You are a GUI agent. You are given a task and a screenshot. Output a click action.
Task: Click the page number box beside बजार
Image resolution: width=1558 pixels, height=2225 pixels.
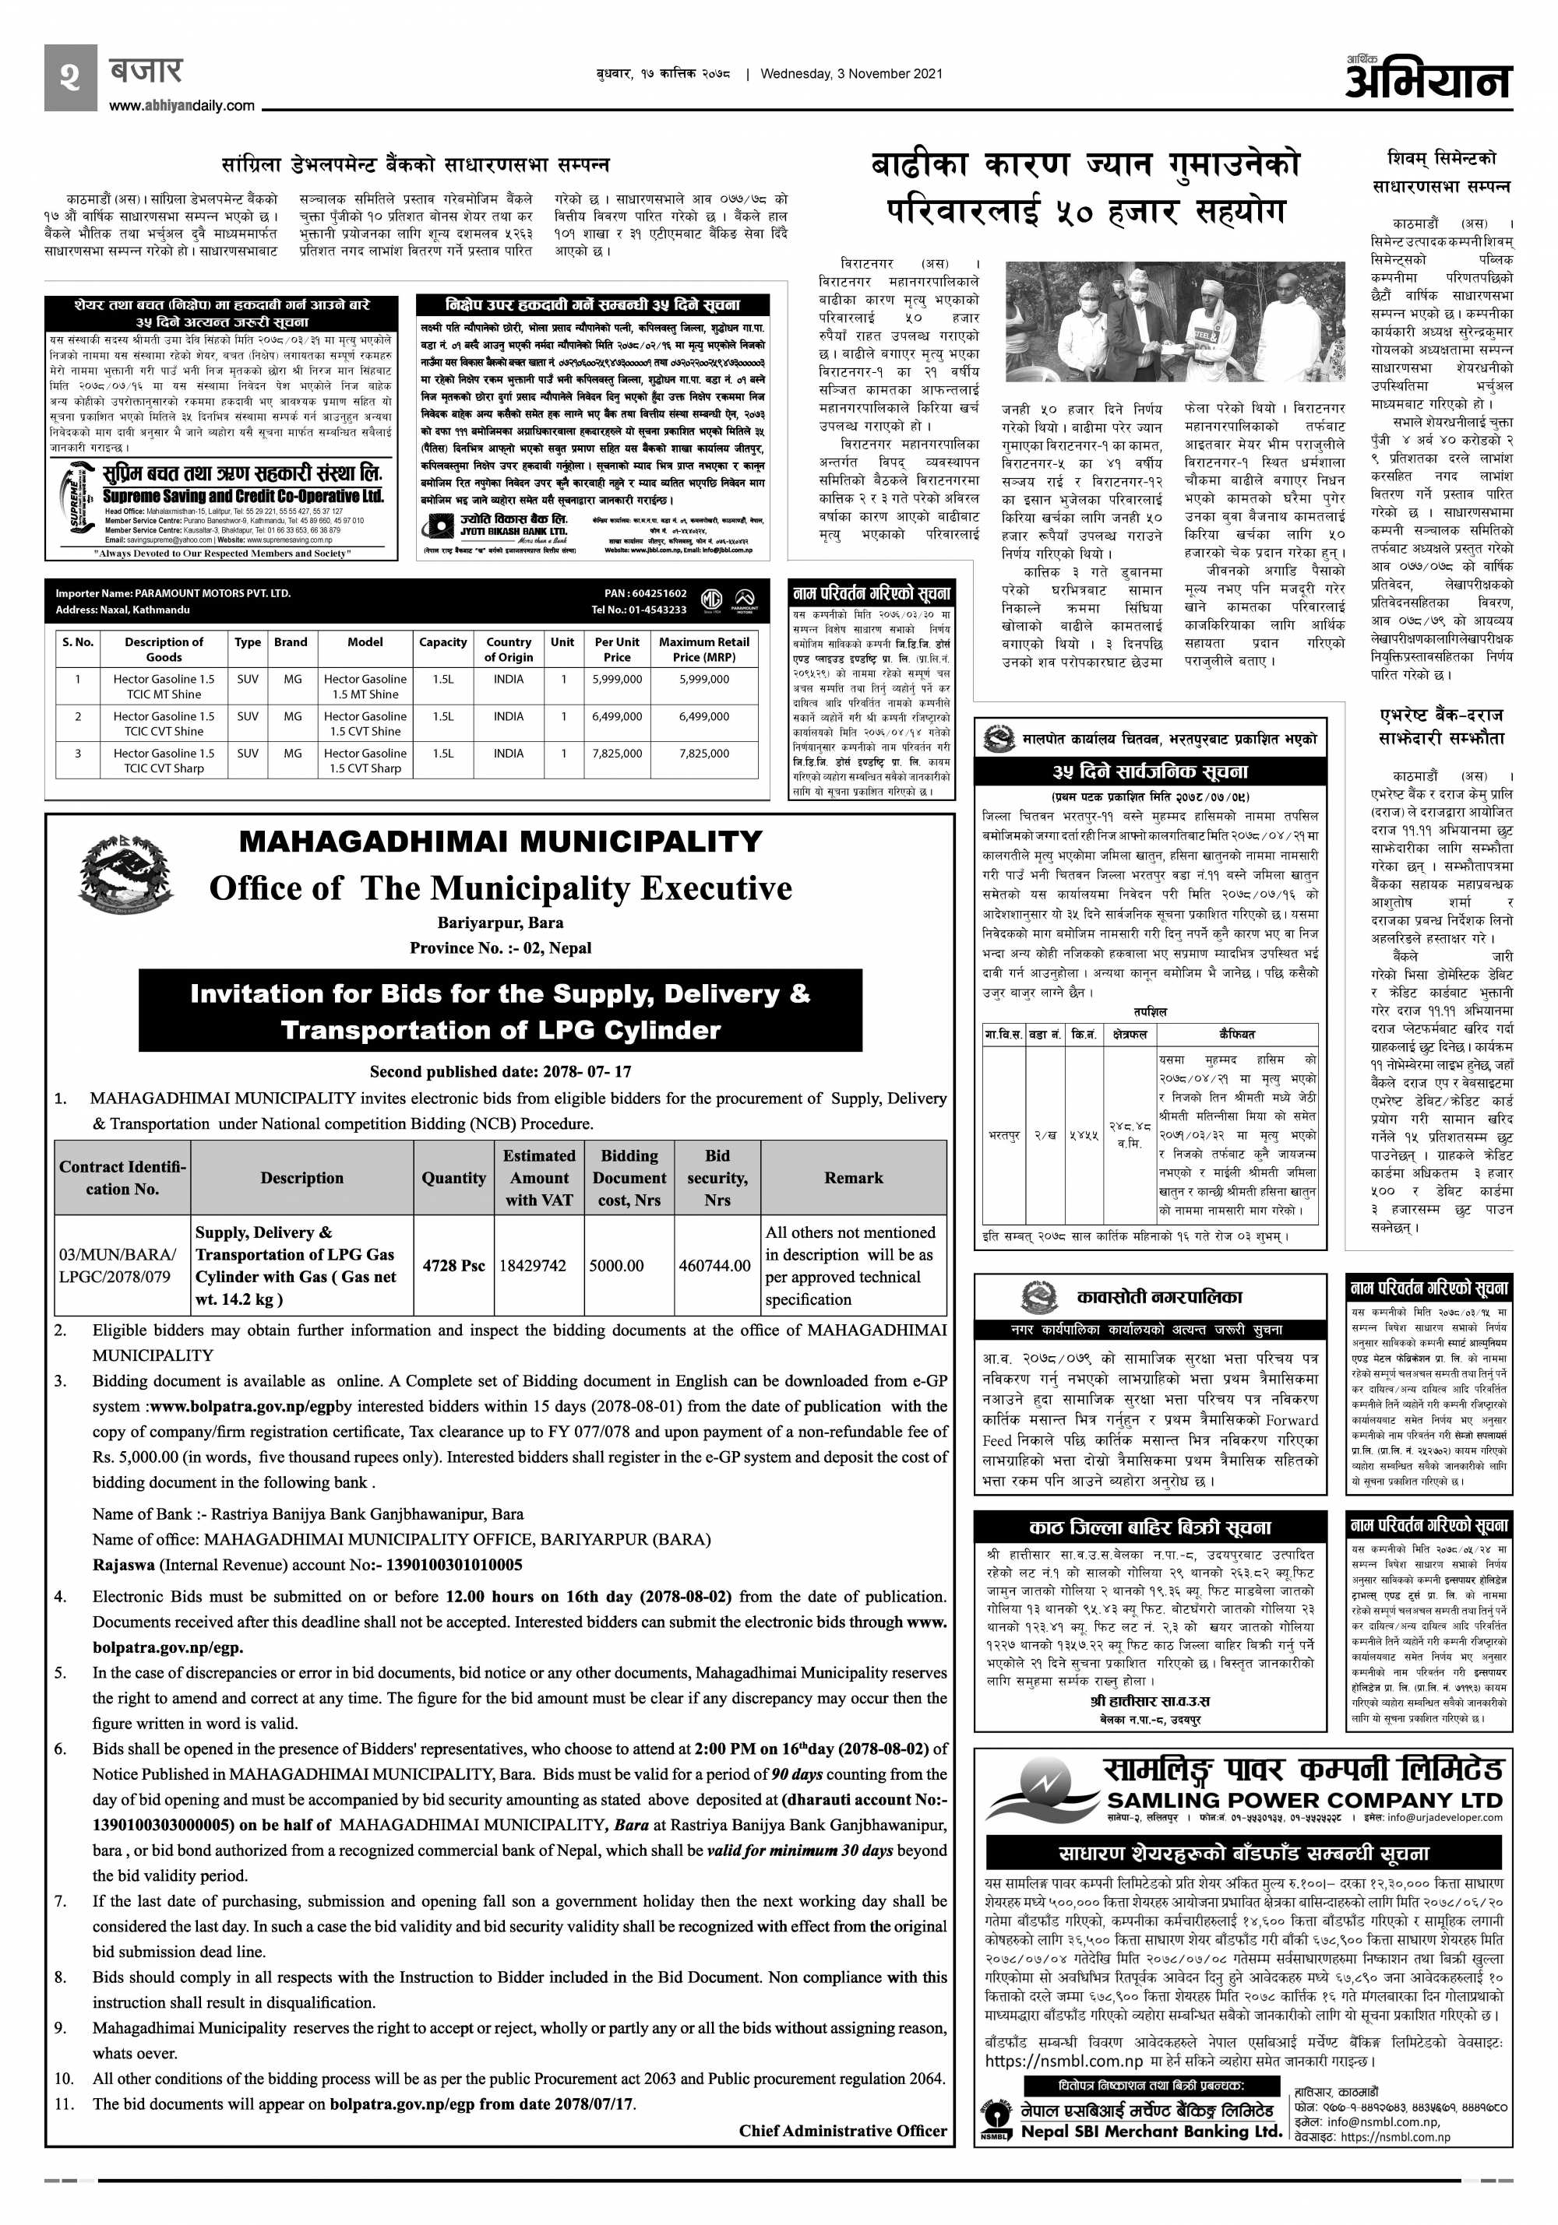70,76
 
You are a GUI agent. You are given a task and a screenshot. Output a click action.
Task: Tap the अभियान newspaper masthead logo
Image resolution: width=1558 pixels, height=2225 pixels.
1427,78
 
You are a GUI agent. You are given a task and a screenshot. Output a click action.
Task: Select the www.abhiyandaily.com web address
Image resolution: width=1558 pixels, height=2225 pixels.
182,107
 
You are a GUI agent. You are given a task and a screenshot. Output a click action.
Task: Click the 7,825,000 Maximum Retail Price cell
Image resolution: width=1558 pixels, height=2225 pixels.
704,753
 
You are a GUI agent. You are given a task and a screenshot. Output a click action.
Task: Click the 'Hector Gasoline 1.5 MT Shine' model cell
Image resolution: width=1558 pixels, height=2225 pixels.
365,686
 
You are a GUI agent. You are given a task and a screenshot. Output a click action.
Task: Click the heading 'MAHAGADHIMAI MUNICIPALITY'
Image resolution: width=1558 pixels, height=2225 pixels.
500,841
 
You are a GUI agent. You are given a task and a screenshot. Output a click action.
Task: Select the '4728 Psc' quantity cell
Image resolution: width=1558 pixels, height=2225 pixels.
453,1266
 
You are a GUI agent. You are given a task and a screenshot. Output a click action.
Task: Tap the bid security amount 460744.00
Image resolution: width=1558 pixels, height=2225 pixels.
714,1266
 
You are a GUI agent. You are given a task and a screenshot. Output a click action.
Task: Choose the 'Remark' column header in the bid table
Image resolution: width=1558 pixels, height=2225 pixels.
853,1177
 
